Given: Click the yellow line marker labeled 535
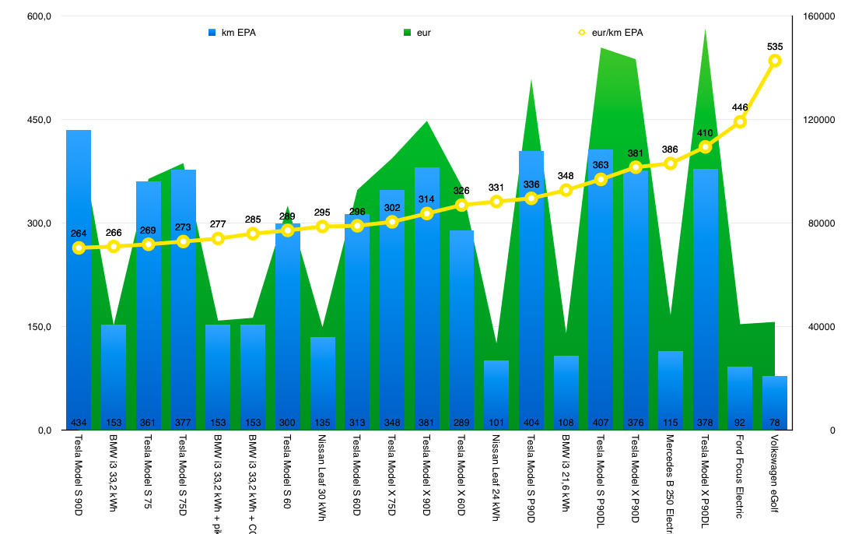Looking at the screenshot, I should (x=775, y=61).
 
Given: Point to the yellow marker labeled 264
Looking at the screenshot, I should (x=79, y=248).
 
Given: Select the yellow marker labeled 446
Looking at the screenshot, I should (x=740, y=121).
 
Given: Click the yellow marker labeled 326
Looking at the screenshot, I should (x=461, y=205).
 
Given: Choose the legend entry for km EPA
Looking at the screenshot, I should (x=233, y=33).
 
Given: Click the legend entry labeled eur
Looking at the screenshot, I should (x=417, y=33).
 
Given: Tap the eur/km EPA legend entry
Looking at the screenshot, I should (x=611, y=33).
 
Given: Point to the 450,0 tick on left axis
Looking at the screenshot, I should (x=40, y=120).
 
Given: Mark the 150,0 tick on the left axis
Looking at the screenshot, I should (x=40, y=327).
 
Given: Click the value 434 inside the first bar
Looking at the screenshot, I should (x=79, y=423).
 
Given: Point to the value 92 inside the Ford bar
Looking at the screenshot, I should (x=740, y=423).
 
